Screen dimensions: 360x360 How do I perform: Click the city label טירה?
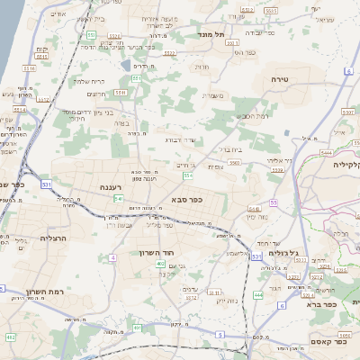[x=278, y=79]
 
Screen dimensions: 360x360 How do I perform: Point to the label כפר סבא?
[x=185, y=200]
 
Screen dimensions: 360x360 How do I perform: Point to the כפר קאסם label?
[x=329, y=341]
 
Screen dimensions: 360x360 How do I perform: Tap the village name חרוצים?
[x=96, y=94]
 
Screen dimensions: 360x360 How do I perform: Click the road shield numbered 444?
[x=257, y=294]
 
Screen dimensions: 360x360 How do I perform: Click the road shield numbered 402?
[x=161, y=264]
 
